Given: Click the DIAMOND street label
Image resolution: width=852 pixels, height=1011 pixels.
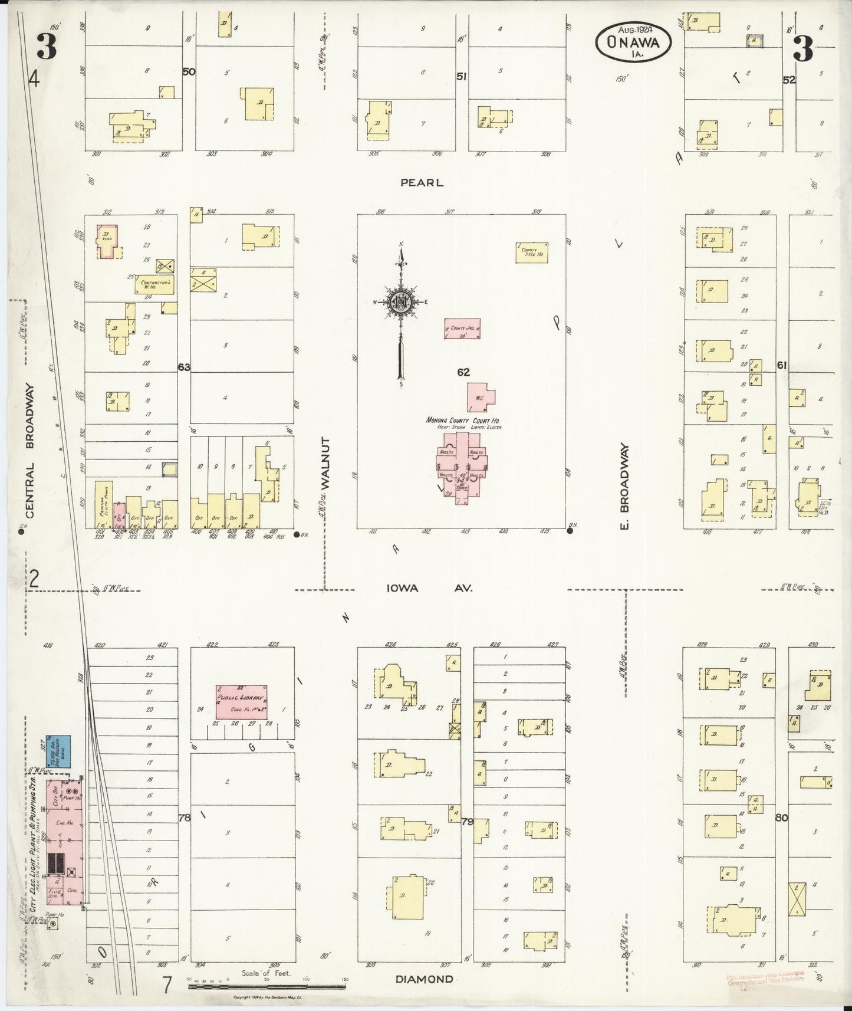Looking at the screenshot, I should (425, 979).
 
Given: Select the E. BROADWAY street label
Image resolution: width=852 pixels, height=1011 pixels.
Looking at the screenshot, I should (626, 487).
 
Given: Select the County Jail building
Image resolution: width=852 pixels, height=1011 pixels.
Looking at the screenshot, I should (462, 329).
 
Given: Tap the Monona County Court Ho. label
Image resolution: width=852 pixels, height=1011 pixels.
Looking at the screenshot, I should (463, 420).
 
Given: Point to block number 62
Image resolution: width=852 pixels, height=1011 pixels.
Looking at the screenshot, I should (463, 372).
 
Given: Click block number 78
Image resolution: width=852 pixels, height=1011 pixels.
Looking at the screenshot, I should (185, 818).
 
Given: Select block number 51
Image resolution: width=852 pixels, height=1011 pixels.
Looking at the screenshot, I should (462, 76).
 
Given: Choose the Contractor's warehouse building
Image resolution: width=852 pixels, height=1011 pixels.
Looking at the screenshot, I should (155, 284).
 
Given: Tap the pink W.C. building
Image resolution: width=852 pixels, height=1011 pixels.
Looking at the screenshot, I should (481, 397).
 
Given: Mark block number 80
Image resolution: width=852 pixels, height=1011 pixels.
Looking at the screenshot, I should (782, 818).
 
